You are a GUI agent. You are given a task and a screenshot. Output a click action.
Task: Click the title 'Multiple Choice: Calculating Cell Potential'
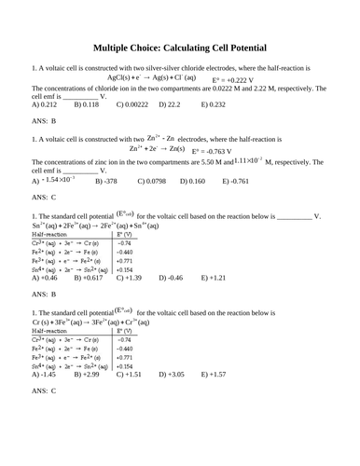[x=180, y=48]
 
